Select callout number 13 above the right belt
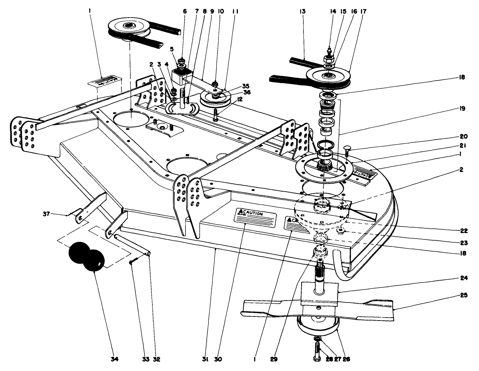point(302,12)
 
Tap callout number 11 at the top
point(235,12)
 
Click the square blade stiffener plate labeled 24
point(318,293)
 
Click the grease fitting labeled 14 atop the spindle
point(328,50)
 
